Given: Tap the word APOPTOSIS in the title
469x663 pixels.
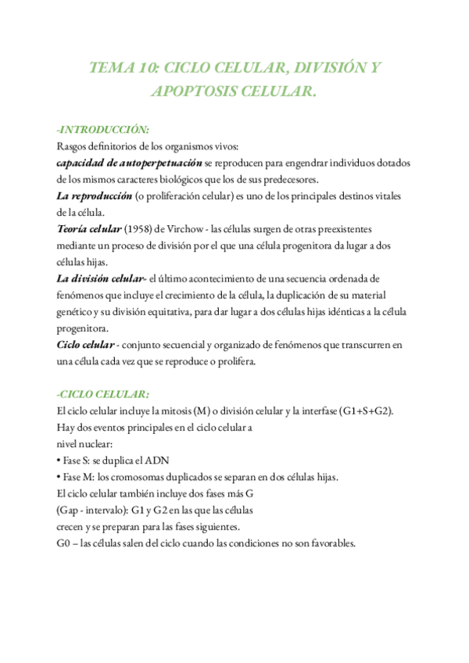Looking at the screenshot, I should click(x=190, y=92).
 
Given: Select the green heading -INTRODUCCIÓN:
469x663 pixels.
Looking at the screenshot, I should click(x=103, y=129).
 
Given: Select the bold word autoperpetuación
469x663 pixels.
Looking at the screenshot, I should click(x=161, y=163).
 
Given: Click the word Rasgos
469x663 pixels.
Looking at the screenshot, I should click(x=73, y=146).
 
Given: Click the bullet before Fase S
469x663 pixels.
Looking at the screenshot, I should click(x=59, y=461).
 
